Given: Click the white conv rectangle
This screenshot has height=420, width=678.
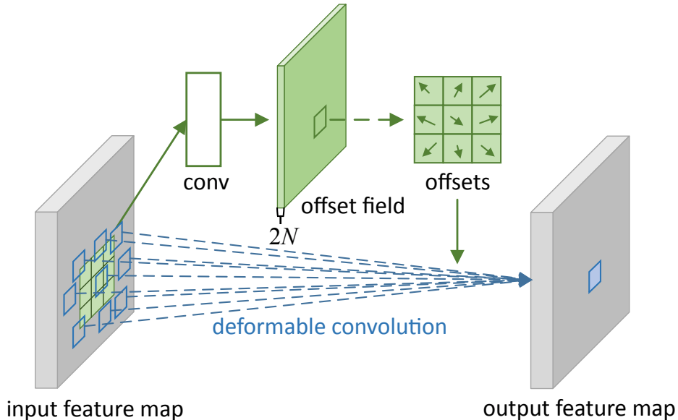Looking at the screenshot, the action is [x=203, y=119].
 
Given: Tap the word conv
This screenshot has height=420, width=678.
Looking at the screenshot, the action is [x=205, y=183].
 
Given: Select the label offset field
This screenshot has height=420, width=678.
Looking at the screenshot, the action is [x=353, y=206].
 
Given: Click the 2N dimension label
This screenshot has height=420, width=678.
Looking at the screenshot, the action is [x=284, y=236].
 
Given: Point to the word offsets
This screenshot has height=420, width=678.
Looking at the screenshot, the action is [x=457, y=182].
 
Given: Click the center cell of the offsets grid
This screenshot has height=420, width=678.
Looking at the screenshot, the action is [x=457, y=120].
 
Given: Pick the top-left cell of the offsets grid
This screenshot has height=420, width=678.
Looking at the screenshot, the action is [x=428, y=91].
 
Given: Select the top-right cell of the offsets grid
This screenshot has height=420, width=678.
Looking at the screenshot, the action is [x=486, y=91].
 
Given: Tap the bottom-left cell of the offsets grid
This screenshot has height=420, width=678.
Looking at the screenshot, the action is [x=428, y=149].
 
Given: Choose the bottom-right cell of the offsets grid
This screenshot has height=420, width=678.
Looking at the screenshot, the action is [x=486, y=149].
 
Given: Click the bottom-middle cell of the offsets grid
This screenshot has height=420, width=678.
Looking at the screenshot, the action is [x=457, y=149].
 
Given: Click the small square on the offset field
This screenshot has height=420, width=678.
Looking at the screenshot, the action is [x=320, y=122].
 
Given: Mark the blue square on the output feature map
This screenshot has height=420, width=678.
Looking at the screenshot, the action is [x=595, y=277].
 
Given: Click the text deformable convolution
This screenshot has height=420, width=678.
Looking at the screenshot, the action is [x=329, y=326].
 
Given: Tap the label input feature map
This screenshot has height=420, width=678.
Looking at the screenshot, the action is [x=95, y=408].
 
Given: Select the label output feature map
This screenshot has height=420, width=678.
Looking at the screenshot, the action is [x=579, y=408].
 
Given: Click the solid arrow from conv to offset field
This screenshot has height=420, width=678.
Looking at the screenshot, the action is [x=245, y=120].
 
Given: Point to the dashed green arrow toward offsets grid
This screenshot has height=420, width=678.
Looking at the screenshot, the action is [x=366, y=120].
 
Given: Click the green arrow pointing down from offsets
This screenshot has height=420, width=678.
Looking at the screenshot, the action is [x=457, y=231].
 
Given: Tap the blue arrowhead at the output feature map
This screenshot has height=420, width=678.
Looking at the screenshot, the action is [x=525, y=280].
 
